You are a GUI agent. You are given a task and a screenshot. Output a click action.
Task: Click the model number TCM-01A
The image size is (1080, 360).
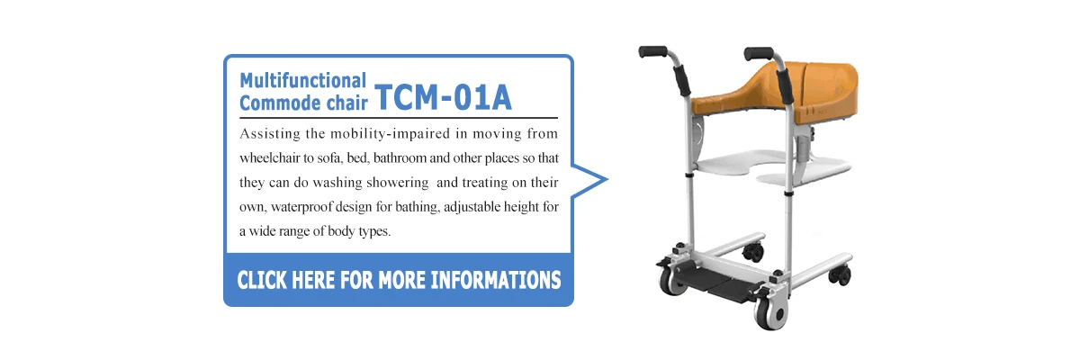[x=443, y=96]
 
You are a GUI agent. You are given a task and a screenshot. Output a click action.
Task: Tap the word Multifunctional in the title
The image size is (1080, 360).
[x=302, y=80]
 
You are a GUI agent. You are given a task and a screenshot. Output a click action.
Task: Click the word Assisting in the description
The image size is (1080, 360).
[x=269, y=134]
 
